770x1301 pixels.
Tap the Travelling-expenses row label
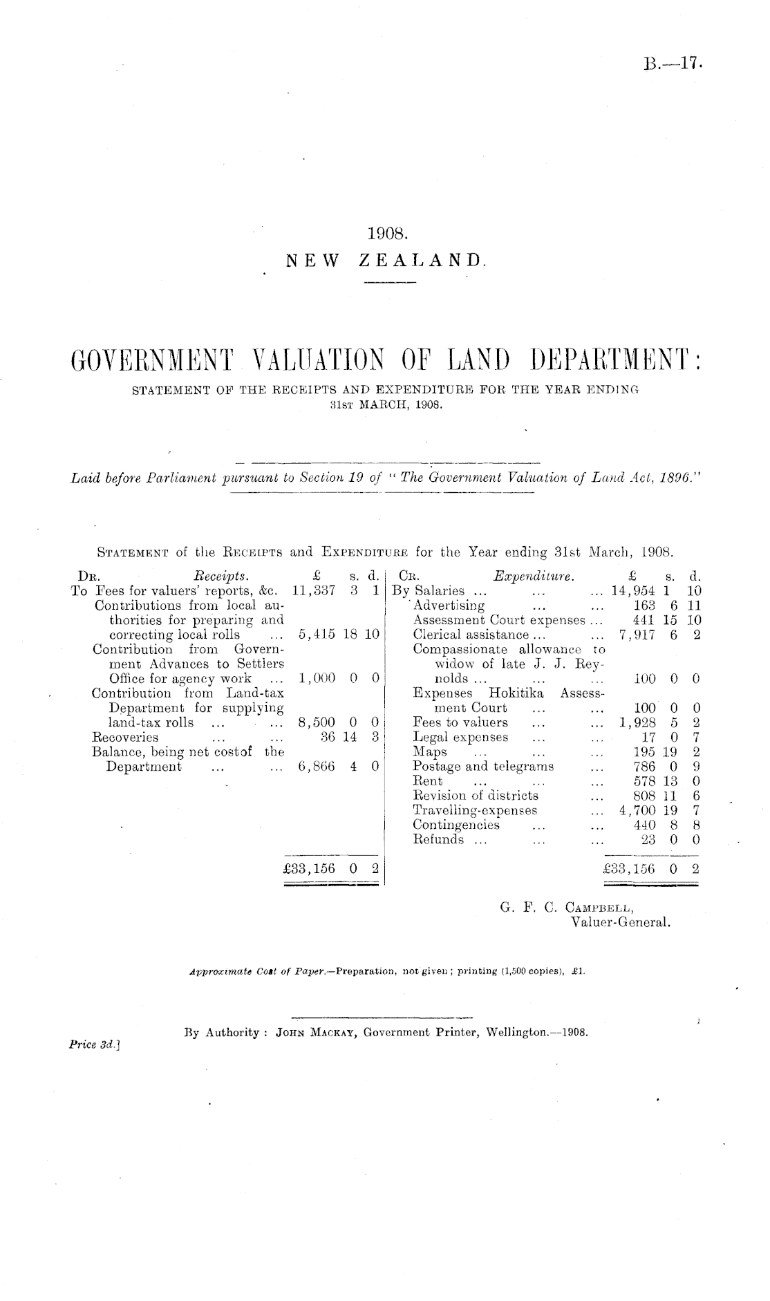tap(475, 809)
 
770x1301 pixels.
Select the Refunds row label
tap(438, 839)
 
